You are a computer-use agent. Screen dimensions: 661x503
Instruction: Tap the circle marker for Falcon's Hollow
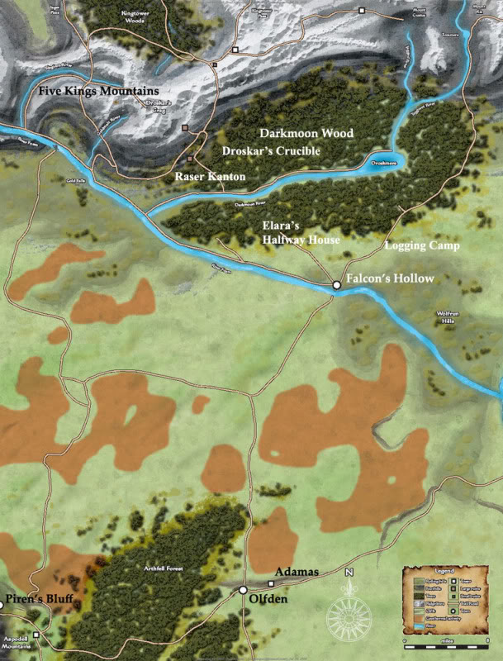[336, 285]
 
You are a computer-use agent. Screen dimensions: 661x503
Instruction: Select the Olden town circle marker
[243, 590]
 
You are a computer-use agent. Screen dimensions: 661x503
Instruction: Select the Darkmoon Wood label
[306, 133]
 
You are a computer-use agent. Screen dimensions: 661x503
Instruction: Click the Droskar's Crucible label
[271, 151]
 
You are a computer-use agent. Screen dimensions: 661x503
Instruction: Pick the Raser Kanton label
[210, 177]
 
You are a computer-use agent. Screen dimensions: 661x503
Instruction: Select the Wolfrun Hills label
[451, 318]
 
